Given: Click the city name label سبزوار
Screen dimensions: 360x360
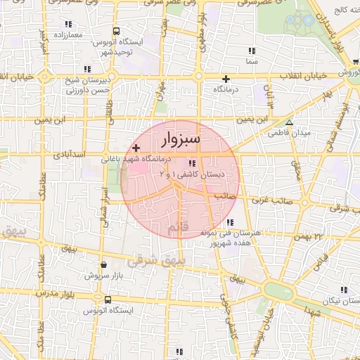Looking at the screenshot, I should [181, 139].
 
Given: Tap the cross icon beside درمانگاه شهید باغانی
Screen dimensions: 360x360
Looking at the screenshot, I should [136, 148].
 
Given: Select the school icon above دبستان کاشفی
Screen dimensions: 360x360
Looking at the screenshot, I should [193, 163].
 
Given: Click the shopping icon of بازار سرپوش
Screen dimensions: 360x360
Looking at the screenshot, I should [104, 265].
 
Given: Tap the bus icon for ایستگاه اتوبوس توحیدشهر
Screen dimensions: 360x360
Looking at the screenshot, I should [116, 32].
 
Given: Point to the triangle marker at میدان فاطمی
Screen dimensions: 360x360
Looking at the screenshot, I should [288, 122].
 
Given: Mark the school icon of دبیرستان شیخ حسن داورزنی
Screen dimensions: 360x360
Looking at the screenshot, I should [87, 68].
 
